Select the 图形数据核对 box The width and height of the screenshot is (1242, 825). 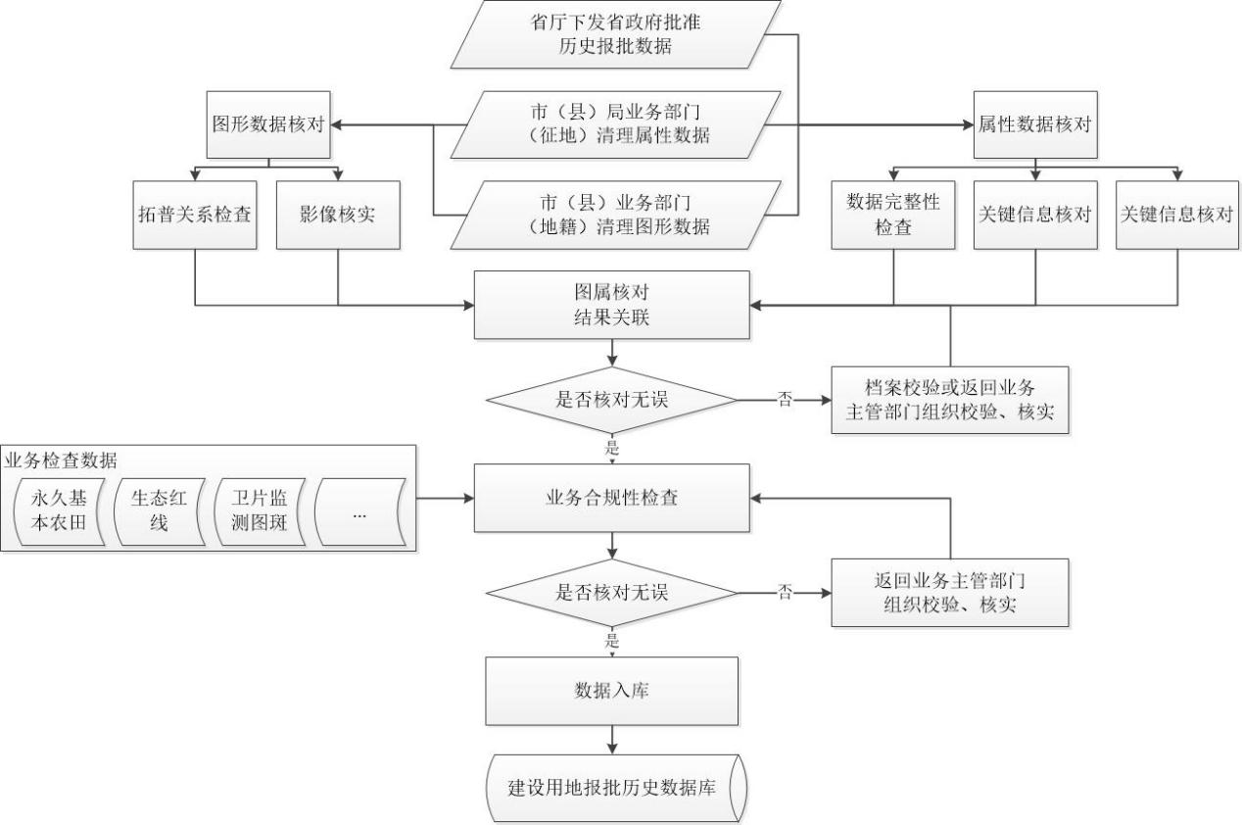click(x=267, y=124)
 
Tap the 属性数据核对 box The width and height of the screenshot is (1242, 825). click(x=1034, y=124)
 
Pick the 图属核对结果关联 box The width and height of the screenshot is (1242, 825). click(x=611, y=305)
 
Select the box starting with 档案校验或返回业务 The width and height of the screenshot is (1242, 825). click(x=949, y=400)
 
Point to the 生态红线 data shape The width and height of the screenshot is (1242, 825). click(x=158, y=510)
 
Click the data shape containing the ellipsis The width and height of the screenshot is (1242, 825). click(x=358, y=510)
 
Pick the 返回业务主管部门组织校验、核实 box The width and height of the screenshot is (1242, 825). click(x=949, y=592)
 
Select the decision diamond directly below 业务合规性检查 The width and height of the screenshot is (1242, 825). click(x=611, y=592)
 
